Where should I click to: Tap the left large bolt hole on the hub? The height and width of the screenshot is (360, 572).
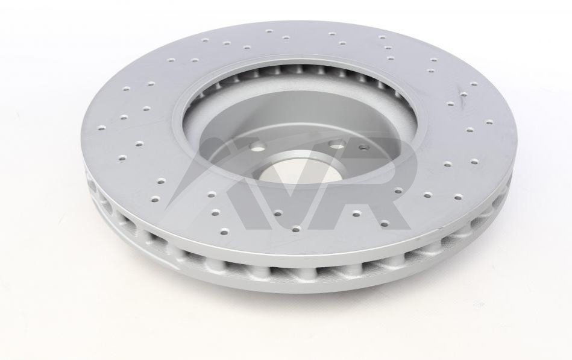pyautogui.click(x=259, y=150)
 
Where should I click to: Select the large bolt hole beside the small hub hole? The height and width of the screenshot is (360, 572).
pyautogui.click(x=338, y=146)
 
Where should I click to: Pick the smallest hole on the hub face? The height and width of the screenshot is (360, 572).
pyautogui.click(x=363, y=148)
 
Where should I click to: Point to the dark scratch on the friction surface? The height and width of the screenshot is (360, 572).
pyautogui.click(x=460, y=98)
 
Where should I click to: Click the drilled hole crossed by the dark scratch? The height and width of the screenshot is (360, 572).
pyautogui.click(x=464, y=95)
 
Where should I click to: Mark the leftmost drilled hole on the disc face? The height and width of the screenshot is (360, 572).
pyautogui.click(x=101, y=128)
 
